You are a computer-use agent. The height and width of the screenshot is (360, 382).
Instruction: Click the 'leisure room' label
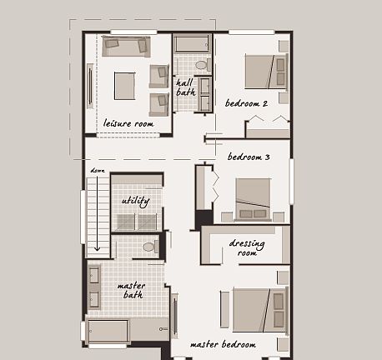pyautogui.click(x=128, y=123)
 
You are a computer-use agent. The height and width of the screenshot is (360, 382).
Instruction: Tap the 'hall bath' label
pyautogui.click(x=185, y=87)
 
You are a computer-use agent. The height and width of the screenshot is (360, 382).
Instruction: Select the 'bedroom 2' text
pyautogui.click(x=246, y=103)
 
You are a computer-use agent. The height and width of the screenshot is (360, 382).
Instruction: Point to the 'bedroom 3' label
pyautogui.click(x=249, y=157)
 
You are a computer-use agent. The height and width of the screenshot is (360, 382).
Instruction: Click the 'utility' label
pyautogui.click(x=135, y=201)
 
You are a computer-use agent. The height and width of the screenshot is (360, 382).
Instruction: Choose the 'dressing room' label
pyautogui.click(x=247, y=247)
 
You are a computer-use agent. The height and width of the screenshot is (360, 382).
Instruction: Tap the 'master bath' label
pyautogui.click(x=131, y=289)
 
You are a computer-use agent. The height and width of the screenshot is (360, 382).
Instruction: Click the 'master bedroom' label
pyautogui.click(x=223, y=343)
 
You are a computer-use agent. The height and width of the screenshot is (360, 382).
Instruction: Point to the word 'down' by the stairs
pyautogui.click(x=98, y=171)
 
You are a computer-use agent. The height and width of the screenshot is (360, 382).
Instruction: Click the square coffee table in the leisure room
pyautogui.click(x=125, y=85)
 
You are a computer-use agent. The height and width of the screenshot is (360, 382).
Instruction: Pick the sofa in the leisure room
pyautogui.click(x=126, y=46)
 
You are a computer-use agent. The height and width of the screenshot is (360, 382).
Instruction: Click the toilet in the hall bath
pyautogui.click(x=201, y=63)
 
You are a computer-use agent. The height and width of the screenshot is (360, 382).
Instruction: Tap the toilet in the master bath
pyautogui.click(x=149, y=247)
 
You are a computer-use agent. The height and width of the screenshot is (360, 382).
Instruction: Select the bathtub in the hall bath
pyautogui.click(x=193, y=43)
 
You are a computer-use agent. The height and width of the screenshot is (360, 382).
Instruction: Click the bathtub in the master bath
pyautogui.click(x=108, y=331)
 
